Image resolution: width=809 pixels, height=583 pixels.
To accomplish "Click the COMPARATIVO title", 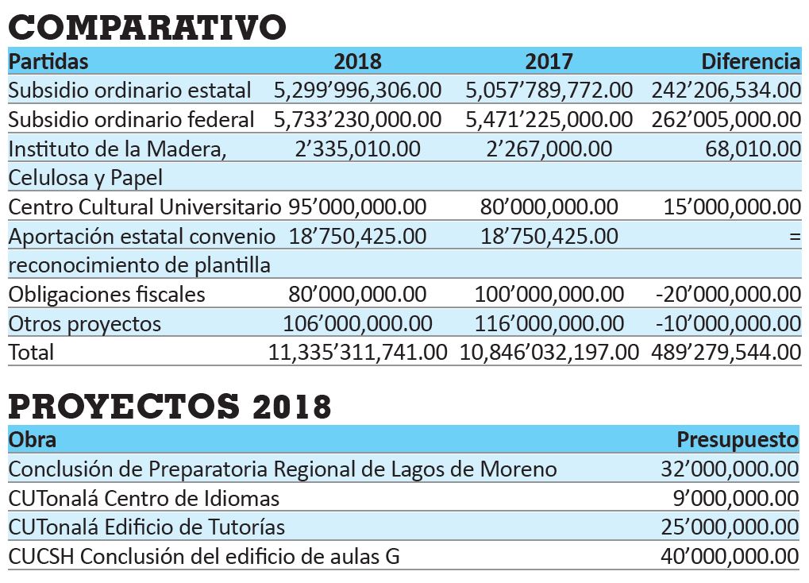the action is pos(147,27).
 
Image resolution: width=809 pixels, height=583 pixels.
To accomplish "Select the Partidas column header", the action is pos(48,61).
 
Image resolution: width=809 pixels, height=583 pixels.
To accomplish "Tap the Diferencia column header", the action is pos(751,61).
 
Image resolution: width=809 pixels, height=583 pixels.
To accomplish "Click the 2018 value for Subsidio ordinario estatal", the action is pos(357,91).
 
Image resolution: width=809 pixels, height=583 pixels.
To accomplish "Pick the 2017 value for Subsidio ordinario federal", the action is pos(549,119).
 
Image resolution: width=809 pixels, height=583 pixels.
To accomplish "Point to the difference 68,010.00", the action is pos(753,149).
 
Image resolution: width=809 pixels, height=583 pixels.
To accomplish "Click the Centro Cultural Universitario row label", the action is pos(145,207).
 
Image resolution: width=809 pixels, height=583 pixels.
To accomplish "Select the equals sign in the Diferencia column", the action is pos(795,237).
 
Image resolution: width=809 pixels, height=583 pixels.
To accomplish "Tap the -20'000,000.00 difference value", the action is pos(728,295).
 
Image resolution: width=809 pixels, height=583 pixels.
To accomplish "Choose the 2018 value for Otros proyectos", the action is pos(357,324).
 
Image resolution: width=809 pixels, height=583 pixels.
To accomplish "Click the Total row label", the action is pos(31,353).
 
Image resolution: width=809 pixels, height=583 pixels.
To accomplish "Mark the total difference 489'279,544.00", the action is pos(726,353).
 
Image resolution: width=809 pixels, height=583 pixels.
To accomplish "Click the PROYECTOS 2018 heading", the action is pos(170,406).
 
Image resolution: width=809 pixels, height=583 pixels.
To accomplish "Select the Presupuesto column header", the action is pos(738,440).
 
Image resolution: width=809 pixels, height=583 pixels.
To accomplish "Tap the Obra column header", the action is pos(33,439).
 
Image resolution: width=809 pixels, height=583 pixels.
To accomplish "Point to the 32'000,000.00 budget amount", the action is pos(730,469).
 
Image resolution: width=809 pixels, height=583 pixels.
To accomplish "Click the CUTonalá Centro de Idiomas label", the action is pos(144,498).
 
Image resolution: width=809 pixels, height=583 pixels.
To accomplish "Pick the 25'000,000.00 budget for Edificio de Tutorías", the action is pos(730,527).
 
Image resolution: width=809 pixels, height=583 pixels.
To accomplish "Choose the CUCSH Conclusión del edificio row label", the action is pos(204,557).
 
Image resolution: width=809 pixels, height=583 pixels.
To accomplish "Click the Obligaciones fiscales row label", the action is pos(107,295).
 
